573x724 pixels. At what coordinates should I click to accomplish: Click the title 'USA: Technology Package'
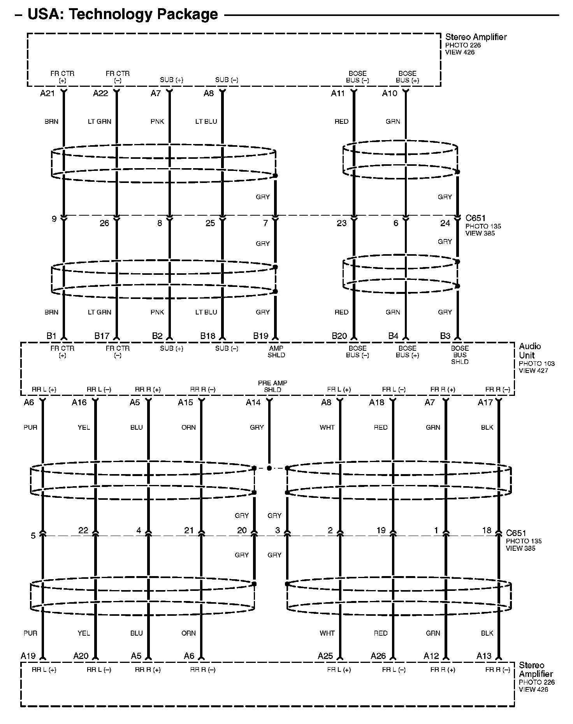(x=123, y=14)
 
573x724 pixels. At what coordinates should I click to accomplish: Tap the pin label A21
(x=47, y=93)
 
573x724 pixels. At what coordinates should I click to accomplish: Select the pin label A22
(x=100, y=93)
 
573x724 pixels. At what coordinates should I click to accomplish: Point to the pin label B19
(x=261, y=336)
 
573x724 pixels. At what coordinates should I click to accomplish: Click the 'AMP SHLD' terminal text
(x=276, y=351)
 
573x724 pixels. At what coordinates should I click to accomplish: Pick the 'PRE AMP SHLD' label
(x=272, y=386)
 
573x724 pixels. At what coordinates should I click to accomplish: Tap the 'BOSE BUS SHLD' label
(x=460, y=355)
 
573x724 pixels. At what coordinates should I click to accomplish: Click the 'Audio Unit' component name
(x=530, y=351)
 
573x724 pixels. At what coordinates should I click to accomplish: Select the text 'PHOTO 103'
(x=536, y=364)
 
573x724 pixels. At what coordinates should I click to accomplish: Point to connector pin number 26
(x=104, y=223)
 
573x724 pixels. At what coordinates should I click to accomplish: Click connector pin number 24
(x=445, y=223)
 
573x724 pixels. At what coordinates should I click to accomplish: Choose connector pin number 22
(x=83, y=530)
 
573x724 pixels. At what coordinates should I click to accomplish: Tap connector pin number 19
(x=381, y=530)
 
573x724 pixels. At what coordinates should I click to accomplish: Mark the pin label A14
(x=253, y=402)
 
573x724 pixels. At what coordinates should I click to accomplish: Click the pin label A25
(x=325, y=656)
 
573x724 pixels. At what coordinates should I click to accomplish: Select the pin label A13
(x=484, y=656)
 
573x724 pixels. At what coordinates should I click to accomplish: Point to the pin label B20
(x=339, y=336)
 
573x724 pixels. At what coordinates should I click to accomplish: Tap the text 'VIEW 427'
(x=533, y=371)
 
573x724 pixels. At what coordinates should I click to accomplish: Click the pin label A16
(x=79, y=402)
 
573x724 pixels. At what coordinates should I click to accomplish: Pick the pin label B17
(x=102, y=336)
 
